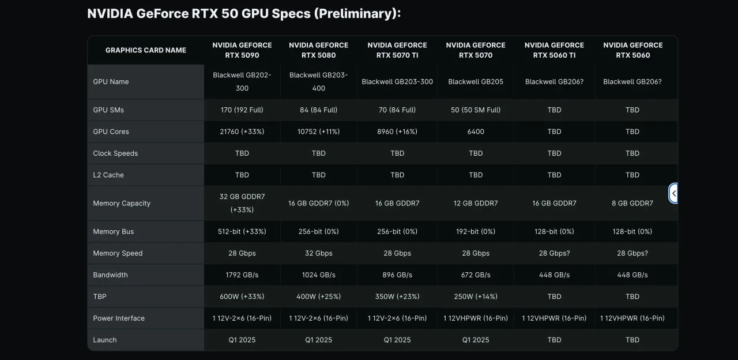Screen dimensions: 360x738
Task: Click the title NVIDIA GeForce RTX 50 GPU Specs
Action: pos(244,14)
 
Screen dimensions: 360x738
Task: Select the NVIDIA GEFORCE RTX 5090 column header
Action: pos(242,50)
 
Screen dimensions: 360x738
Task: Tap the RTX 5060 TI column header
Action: pos(554,50)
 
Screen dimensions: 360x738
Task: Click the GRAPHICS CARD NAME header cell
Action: pos(146,50)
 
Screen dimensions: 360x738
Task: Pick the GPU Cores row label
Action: pos(111,132)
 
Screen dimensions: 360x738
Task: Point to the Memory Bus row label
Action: pos(113,231)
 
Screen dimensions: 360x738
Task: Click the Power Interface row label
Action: pos(119,318)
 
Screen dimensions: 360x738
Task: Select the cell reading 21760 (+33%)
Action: pos(242,132)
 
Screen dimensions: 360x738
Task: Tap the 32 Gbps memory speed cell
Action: pos(319,253)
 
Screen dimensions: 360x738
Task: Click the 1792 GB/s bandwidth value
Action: pos(242,275)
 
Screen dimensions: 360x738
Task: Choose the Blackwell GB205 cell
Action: pos(476,82)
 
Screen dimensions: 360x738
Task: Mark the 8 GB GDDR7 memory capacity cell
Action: pos(632,203)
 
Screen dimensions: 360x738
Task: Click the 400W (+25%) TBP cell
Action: pos(319,297)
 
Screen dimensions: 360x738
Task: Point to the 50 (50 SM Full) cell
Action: pos(476,110)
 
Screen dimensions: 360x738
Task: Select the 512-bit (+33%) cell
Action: pos(242,231)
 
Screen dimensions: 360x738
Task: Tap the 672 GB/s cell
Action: pos(476,275)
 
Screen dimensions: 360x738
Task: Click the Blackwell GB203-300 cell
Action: pos(397,82)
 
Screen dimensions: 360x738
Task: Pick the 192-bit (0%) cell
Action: pos(476,231)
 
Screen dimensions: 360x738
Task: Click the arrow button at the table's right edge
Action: pos(673,193)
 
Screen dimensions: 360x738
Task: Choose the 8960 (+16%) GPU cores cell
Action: pos(397,132)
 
